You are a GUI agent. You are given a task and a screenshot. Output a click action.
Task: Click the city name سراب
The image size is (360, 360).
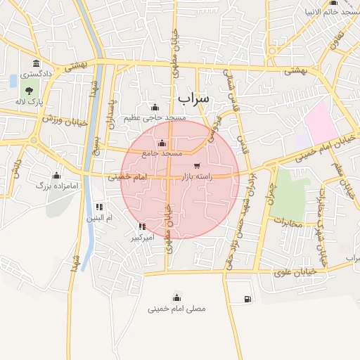click(193, 97)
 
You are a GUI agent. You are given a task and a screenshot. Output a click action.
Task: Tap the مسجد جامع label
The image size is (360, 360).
click(162, 153)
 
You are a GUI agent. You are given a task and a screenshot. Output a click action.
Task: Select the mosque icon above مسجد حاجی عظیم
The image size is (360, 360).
click(155, 108)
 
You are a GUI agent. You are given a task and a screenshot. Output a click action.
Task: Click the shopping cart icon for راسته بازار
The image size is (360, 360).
click(196, 166)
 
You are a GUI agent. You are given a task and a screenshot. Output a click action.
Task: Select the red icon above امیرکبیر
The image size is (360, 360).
click(143, 226)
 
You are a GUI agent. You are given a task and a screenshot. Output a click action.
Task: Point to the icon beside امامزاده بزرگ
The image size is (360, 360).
click(56, 175)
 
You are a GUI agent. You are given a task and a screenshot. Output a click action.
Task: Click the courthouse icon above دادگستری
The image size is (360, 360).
click(36, 65)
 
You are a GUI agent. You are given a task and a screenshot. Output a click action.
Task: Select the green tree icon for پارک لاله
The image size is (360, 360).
click(29, 91)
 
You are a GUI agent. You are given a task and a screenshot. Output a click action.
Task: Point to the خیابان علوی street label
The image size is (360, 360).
click(307, 271)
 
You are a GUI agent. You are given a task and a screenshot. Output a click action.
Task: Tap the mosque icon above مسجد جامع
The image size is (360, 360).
click(162, 143)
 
